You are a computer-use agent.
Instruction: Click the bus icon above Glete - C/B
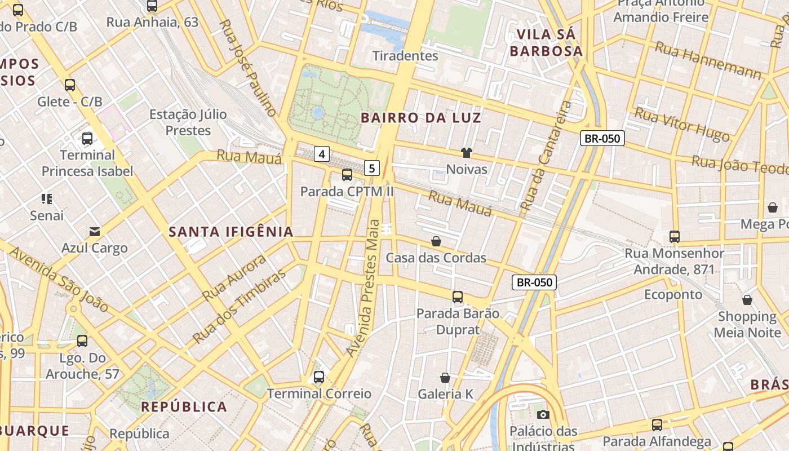(70, 85)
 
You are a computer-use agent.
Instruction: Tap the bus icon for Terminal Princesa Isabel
(87, 138)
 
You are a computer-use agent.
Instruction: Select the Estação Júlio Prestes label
(188, 122)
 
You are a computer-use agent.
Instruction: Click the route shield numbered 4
(322, 153)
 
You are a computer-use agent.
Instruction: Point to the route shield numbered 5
(372, 167)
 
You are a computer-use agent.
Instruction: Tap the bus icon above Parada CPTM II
(347, 175)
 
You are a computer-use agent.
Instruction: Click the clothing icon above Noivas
(467, 152)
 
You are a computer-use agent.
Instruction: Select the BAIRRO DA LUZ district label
(421, 118)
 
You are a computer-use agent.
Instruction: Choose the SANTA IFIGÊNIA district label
(231, 232)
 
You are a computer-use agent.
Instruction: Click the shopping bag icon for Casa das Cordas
(436, 241)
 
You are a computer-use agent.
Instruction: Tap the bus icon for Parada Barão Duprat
(458, 297)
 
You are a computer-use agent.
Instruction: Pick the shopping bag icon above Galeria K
(445, 377)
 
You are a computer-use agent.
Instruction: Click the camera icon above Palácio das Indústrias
(543, 415)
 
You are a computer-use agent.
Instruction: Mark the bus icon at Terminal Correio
(319, 377)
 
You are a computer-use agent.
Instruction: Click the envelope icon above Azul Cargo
(95, 232)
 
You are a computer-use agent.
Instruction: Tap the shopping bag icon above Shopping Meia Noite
(747, 299)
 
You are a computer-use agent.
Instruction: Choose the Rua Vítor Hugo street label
(682, 124)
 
